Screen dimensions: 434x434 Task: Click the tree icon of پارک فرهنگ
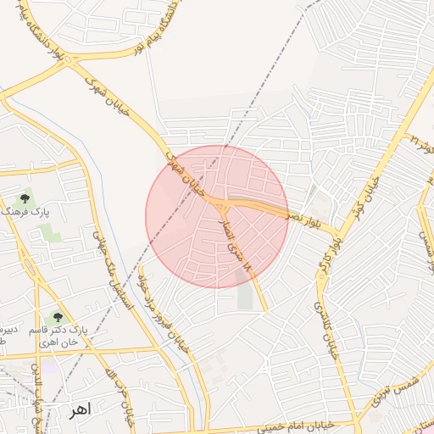click(25, 197)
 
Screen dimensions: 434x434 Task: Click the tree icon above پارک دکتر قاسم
click(58, 316)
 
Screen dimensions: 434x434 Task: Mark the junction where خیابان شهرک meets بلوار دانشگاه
click(71, 61)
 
